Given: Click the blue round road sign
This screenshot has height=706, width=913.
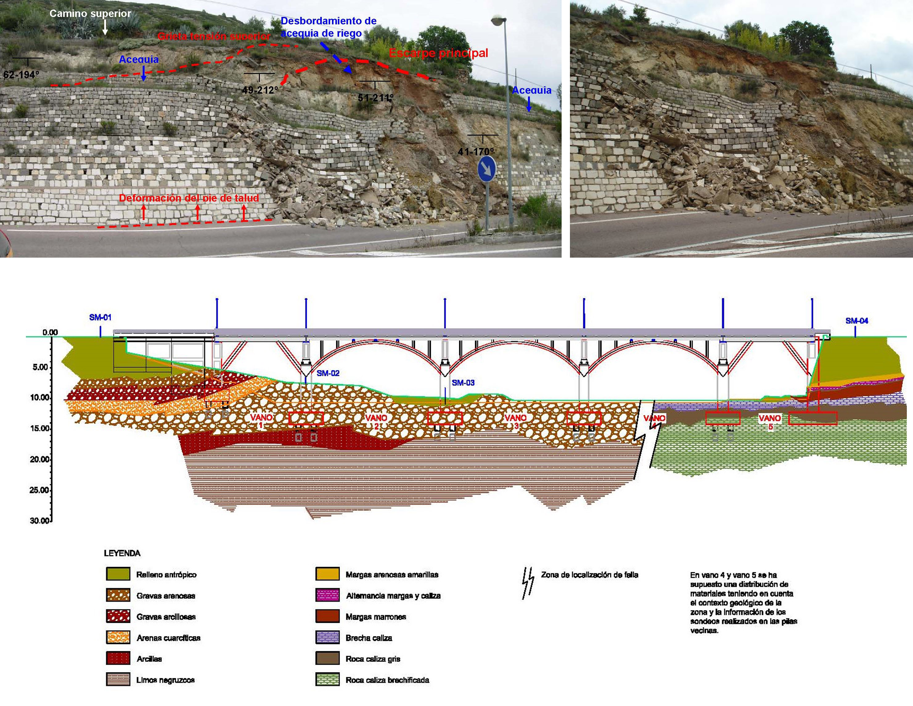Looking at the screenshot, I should coord(487,169).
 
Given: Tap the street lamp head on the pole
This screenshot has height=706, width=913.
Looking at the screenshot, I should coord(498,20).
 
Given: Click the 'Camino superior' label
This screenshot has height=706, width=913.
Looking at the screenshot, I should coord(90,13).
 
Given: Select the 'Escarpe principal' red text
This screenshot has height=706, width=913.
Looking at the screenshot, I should coord(439,53).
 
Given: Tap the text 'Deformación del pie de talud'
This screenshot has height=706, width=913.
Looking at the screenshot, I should coord(189,198).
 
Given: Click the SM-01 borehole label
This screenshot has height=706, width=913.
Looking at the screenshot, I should coord(100,318).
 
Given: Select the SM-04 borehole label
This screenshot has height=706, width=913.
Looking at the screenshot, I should coord(857,320).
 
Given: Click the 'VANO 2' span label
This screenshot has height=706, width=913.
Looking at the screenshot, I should coord(376,421).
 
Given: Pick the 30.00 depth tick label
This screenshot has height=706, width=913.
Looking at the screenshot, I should coord(40,521).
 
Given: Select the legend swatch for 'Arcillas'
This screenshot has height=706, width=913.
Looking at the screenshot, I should coord(118,658).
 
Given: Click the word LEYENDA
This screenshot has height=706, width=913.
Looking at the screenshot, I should coord(122,553).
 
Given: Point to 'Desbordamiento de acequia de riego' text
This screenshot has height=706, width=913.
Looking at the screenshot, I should coord(328,27).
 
